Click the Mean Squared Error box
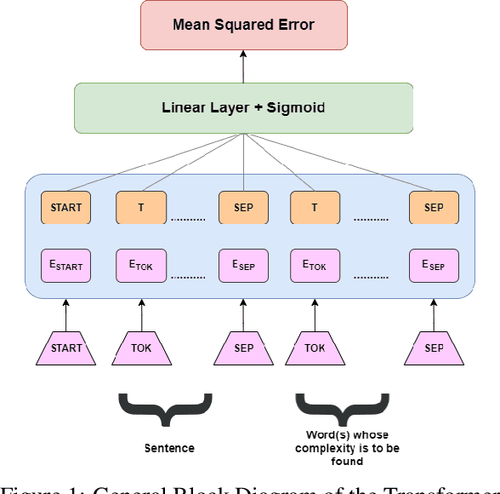[243, 24]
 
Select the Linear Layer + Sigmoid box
[243, 108]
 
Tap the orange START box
[66, 208]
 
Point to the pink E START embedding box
[66, 265]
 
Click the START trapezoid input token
[66, 348]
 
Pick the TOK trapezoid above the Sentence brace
[141, 348]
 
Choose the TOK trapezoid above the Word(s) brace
[315, 348]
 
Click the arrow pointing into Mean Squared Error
[243, 65]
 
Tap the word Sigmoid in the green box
[296, 108]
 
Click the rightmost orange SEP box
[434, 208]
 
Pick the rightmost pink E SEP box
[434, 265]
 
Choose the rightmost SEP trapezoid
[434, 348]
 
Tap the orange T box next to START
[141, 208]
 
